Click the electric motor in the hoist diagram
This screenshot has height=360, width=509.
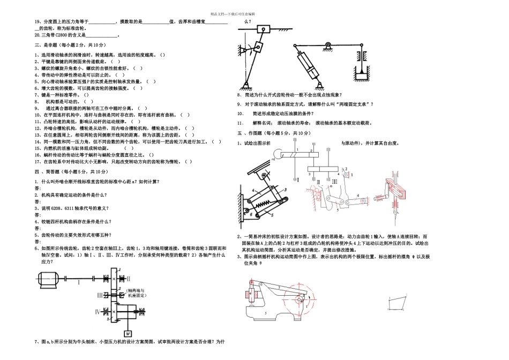point(48,278)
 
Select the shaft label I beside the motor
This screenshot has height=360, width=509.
point(78,281)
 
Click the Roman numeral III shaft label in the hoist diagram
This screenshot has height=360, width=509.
point(100,295)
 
